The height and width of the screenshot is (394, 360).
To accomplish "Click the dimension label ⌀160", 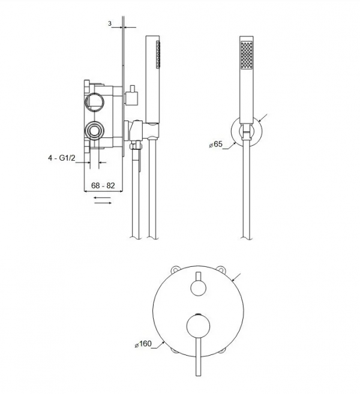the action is click(x=143, y=344).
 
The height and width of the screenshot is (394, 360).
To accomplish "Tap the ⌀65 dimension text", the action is click(x=215, y=145).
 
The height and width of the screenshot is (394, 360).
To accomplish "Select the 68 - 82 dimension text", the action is click(x=103, y=185).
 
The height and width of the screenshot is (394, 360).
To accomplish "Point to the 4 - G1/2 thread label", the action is click(x=62, y=158).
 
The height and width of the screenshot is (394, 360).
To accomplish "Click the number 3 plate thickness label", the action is click(x=110, y=23).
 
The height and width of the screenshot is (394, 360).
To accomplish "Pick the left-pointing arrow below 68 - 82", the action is click(x=103, y=198).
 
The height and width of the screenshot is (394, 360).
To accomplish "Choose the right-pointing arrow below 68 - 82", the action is click(x=103, y=203).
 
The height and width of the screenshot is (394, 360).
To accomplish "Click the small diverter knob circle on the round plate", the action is click(x=199, y=288).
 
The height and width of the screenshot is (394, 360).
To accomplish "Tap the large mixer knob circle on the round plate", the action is click(x=199, y=326).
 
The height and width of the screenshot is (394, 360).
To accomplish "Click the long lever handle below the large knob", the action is click(x=199, y=357).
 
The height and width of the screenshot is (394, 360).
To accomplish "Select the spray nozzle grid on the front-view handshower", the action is click(x=247, y=55).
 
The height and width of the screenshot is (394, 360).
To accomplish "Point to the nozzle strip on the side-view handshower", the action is click(x=158, y=55).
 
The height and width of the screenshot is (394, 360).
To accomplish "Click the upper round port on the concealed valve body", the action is click(x=94, y=102).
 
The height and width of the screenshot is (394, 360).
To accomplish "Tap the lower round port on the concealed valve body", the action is click(x=94, y=130).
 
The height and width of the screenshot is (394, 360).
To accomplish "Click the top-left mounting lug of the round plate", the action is click(x=175, y=269).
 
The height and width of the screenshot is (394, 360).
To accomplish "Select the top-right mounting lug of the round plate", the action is click(x=221, y=269).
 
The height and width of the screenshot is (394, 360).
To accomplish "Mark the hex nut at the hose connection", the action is click(x=136, y=146).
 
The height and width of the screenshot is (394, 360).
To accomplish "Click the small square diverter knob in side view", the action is click(x=131, y=98).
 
